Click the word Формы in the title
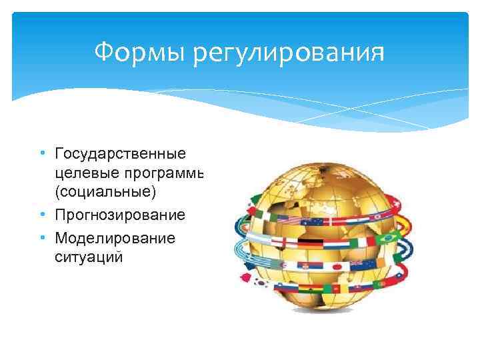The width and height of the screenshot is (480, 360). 141,52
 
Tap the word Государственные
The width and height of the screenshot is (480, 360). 120,155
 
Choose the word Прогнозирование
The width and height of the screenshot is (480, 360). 120,216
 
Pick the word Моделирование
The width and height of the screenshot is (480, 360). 115,238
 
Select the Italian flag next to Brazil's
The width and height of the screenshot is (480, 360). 361,241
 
